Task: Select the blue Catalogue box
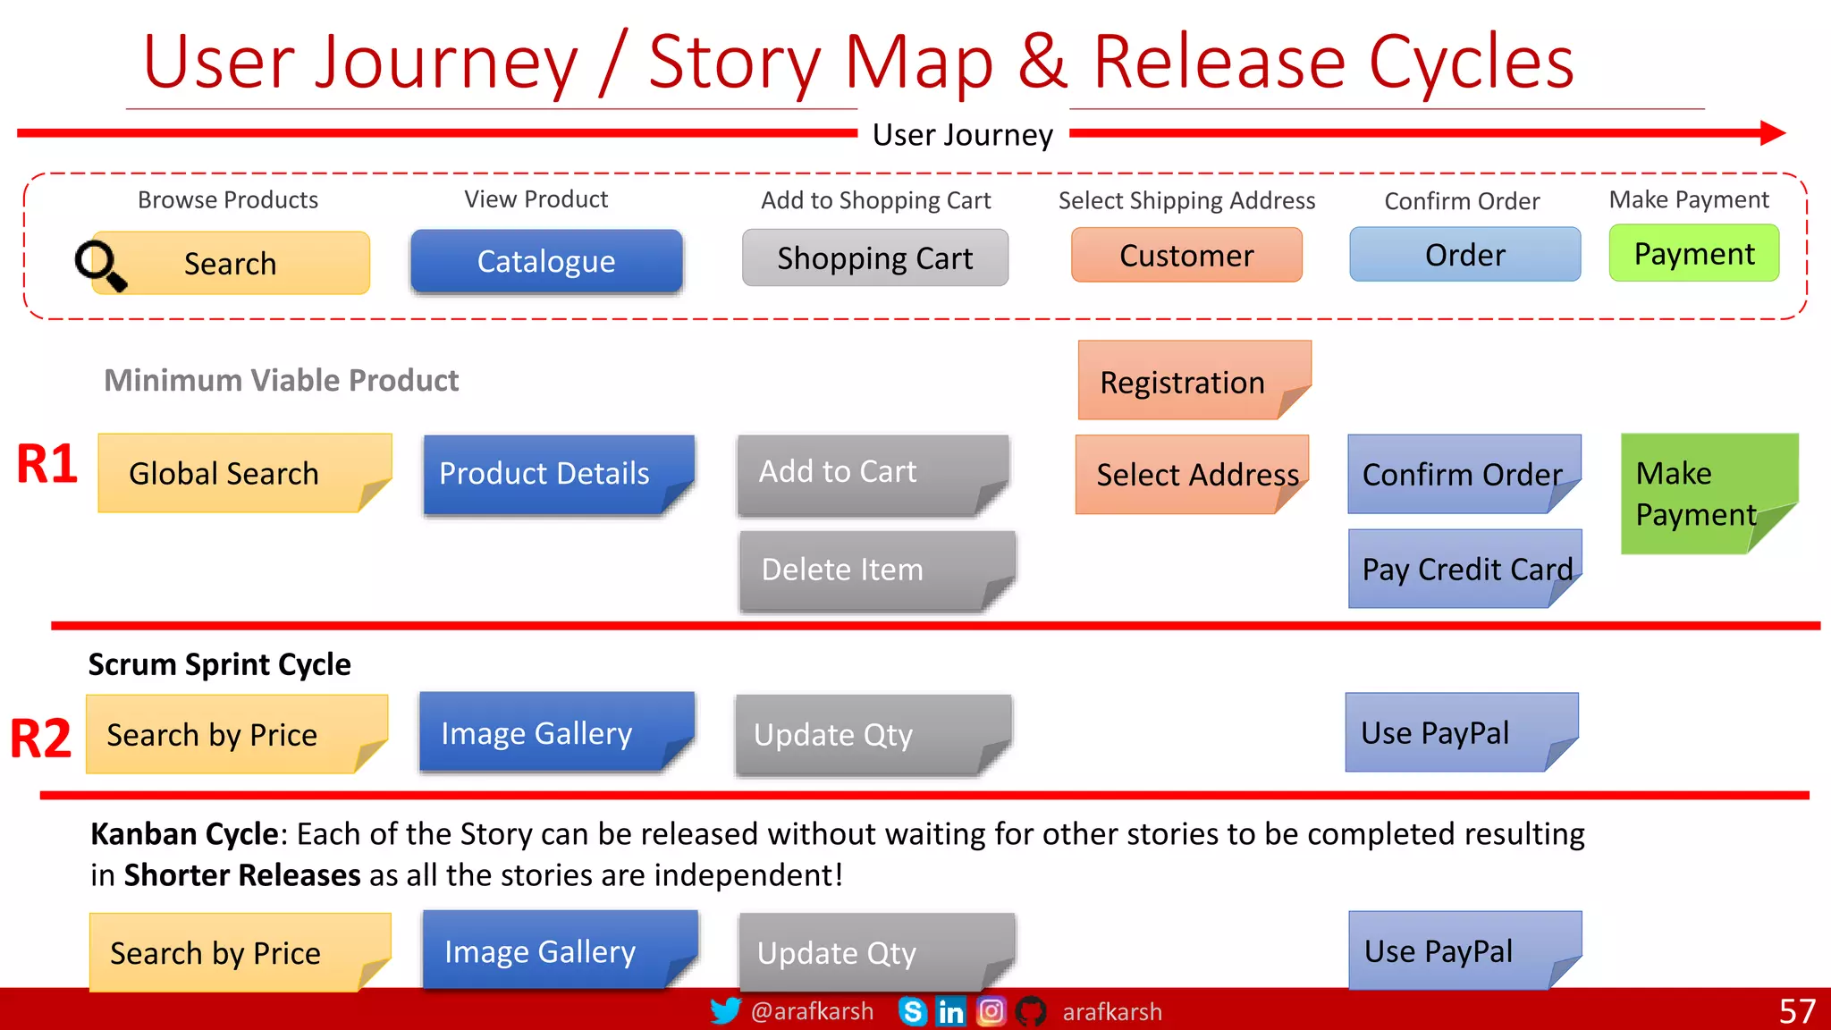click(546, 261)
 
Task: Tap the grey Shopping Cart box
click(874, 258)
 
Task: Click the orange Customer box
click(1186, 256)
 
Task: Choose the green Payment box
click(1693, 254)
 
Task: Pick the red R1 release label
click(46, 465)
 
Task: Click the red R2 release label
click(40, 739)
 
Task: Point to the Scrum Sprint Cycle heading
click(219, 664)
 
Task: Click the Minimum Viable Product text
click(281, 380)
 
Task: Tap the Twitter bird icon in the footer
click(725, 1011)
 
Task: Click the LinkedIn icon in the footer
click(950, 1011)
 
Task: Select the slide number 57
click(1796, 1011)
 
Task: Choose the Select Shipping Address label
click(1186, 200)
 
